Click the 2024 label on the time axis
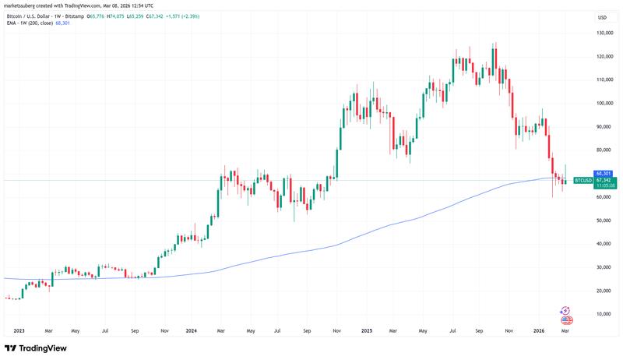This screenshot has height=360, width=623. coord(192,330)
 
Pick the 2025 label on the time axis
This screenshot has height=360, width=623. coord(368,330)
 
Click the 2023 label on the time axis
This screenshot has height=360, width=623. coord(19,330)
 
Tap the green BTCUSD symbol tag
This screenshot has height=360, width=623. coord(583,180)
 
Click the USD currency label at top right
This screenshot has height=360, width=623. coord(602,17)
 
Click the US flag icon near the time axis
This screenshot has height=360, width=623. coord(567,319)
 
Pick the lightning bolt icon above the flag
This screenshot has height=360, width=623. coord(567,310)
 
